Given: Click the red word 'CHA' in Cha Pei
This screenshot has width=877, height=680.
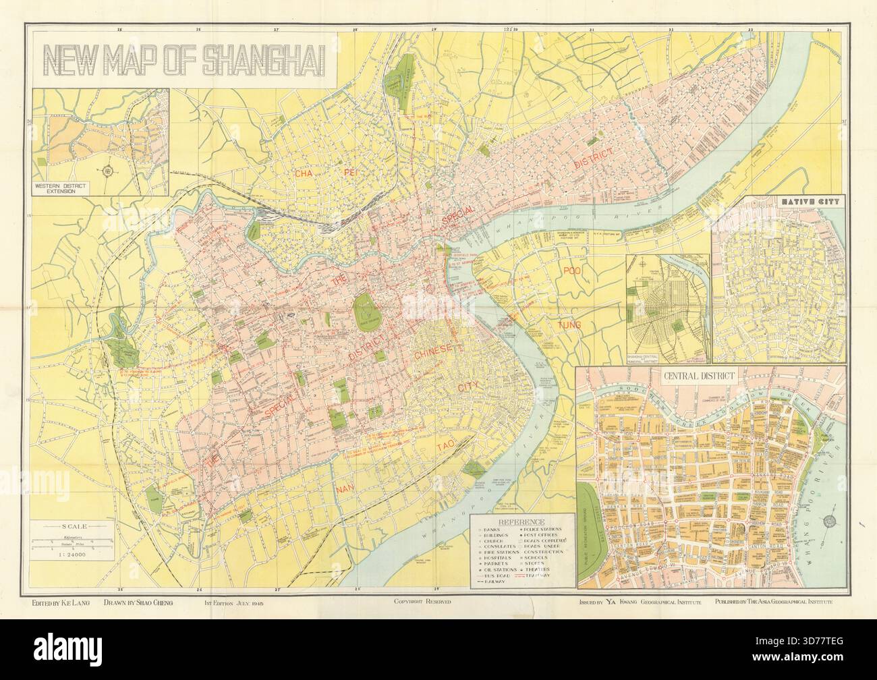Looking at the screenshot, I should click(x=304, y=173).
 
